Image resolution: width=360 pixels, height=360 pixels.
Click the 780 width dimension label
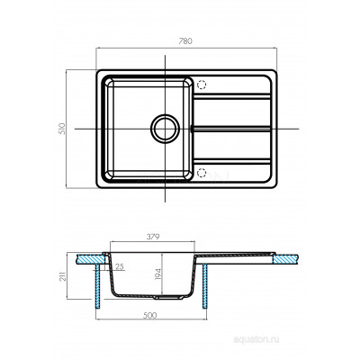pos(185,41)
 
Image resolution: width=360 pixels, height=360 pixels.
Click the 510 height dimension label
pos(62,129)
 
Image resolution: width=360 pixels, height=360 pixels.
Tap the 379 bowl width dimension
pos(153,237)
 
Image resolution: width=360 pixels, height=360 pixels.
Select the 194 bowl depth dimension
pos(158,274)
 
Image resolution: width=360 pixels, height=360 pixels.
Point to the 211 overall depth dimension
pos(63,276)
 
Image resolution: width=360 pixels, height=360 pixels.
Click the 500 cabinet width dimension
pos(149,316)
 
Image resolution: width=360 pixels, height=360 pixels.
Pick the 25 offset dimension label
pos(120,266)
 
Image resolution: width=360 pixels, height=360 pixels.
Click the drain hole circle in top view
pos(165,129)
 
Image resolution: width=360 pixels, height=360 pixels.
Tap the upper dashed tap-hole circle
pos(202,85)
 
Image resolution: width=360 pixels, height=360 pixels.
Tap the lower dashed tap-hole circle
pos(202,173)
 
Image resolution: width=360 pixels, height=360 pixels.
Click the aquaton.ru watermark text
pos(256,339)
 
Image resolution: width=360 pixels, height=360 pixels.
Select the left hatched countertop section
pos(90,259)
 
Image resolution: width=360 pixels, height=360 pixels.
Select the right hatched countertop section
pos(285,259)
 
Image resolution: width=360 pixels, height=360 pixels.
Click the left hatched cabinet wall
pos(98,286)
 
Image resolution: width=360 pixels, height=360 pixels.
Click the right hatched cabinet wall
pos(205,286)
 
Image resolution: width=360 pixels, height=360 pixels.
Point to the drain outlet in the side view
pos(168,298)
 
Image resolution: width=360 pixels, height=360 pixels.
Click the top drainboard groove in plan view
pos(232,96)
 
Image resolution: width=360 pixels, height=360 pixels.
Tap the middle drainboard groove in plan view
pos(231,129)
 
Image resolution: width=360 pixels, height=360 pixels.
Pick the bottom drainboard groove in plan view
pos(232,161)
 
